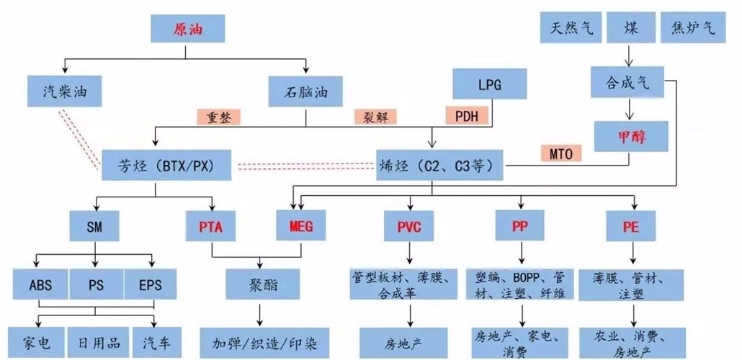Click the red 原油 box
[187, 30]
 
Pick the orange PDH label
[467, 115]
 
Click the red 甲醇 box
[631, 135]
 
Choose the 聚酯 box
[258, 284]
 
